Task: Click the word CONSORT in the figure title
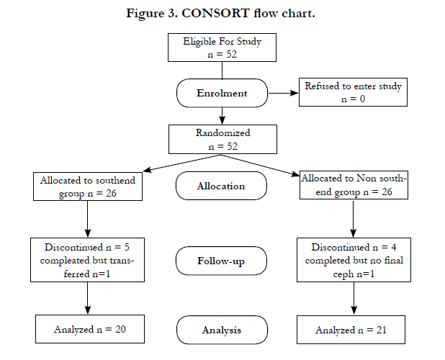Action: [215, 14]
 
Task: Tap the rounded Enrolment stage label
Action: [222, 93]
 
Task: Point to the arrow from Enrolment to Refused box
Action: [283, 93]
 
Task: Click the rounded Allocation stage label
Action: [221, 186]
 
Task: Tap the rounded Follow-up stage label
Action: [221, 261]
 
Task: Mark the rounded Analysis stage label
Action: [222, 330]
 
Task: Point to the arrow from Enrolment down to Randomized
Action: [223, 116]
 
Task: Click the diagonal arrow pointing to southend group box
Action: [181, 163]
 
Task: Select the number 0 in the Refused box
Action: [362, 99]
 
